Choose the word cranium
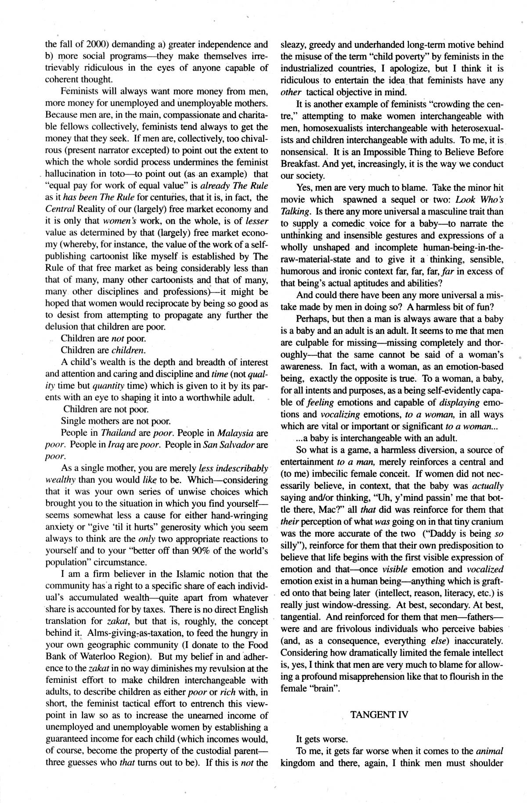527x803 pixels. click(485, 522)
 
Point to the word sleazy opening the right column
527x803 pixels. click(292, 44)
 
